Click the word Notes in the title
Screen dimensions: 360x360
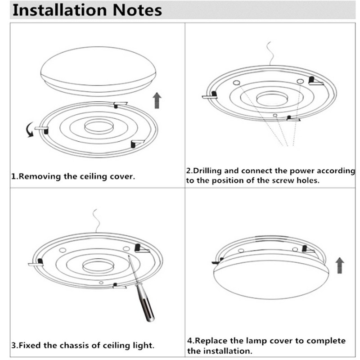tap(139, 10)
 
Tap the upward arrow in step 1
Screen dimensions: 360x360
tap(157, 100)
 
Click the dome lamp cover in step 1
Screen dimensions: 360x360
tap(98, 72)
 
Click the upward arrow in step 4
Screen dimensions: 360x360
tap(340, 265)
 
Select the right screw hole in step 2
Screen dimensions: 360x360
tap(300, 81)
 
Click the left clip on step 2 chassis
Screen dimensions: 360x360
tap(211, 95)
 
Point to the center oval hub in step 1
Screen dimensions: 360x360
tap(99, 126)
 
